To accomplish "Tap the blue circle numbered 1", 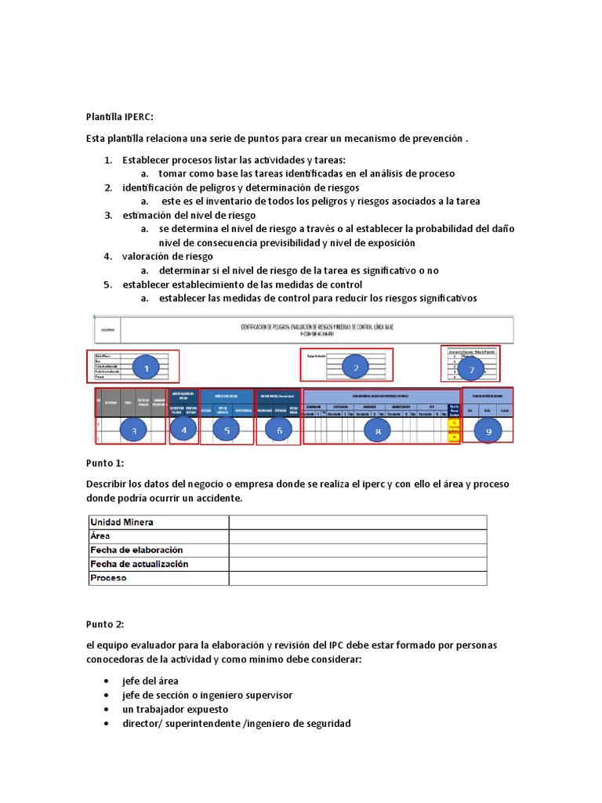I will [145, 366].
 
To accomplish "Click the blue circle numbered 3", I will [134, 430].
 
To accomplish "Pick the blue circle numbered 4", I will [184, 429].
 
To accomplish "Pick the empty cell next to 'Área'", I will [357, 536].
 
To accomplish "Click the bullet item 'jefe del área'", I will [150, 681].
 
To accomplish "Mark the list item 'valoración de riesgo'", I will [167, 256].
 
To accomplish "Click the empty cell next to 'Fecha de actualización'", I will [357, 565].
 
